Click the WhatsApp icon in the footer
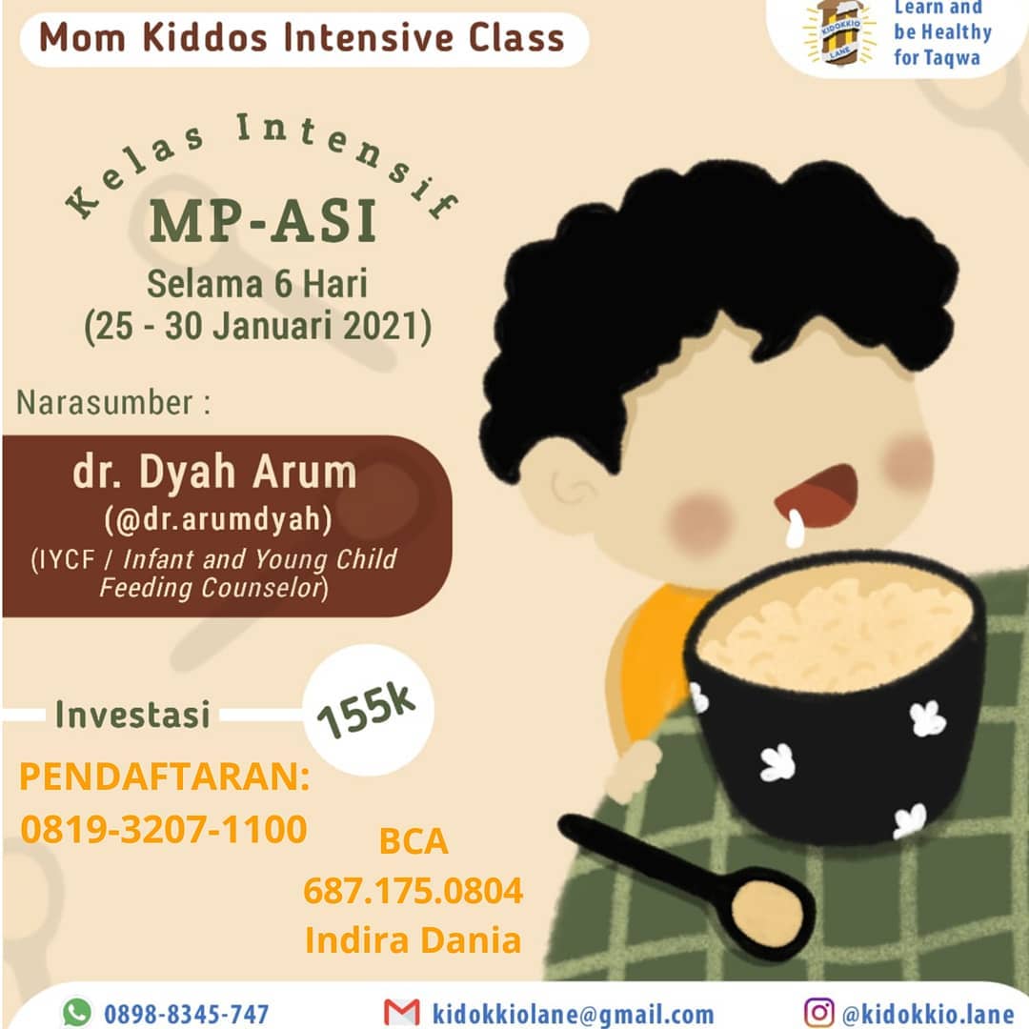[x=77, y=1012]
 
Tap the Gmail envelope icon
[x=402, y=1013]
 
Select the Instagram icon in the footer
[x=819, y=1013]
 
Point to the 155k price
[x=366, y=710]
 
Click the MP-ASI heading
[x=263, y=220]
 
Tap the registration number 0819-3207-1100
[x=164, y=829]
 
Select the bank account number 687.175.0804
[x=413, y=891]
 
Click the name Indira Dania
[x=413, y=939]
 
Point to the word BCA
[x=414, y=841]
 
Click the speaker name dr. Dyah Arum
[x=214, y=472]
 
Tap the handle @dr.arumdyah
[x=218, y=520]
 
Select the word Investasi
[x=132, y=714]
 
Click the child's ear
[x=569, y=486]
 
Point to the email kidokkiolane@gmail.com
[x=573, y=1014]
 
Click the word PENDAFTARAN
[x=164, y=777]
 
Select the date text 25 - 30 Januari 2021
[x=257, y=326]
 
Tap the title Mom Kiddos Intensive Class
[x=302, y=37]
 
